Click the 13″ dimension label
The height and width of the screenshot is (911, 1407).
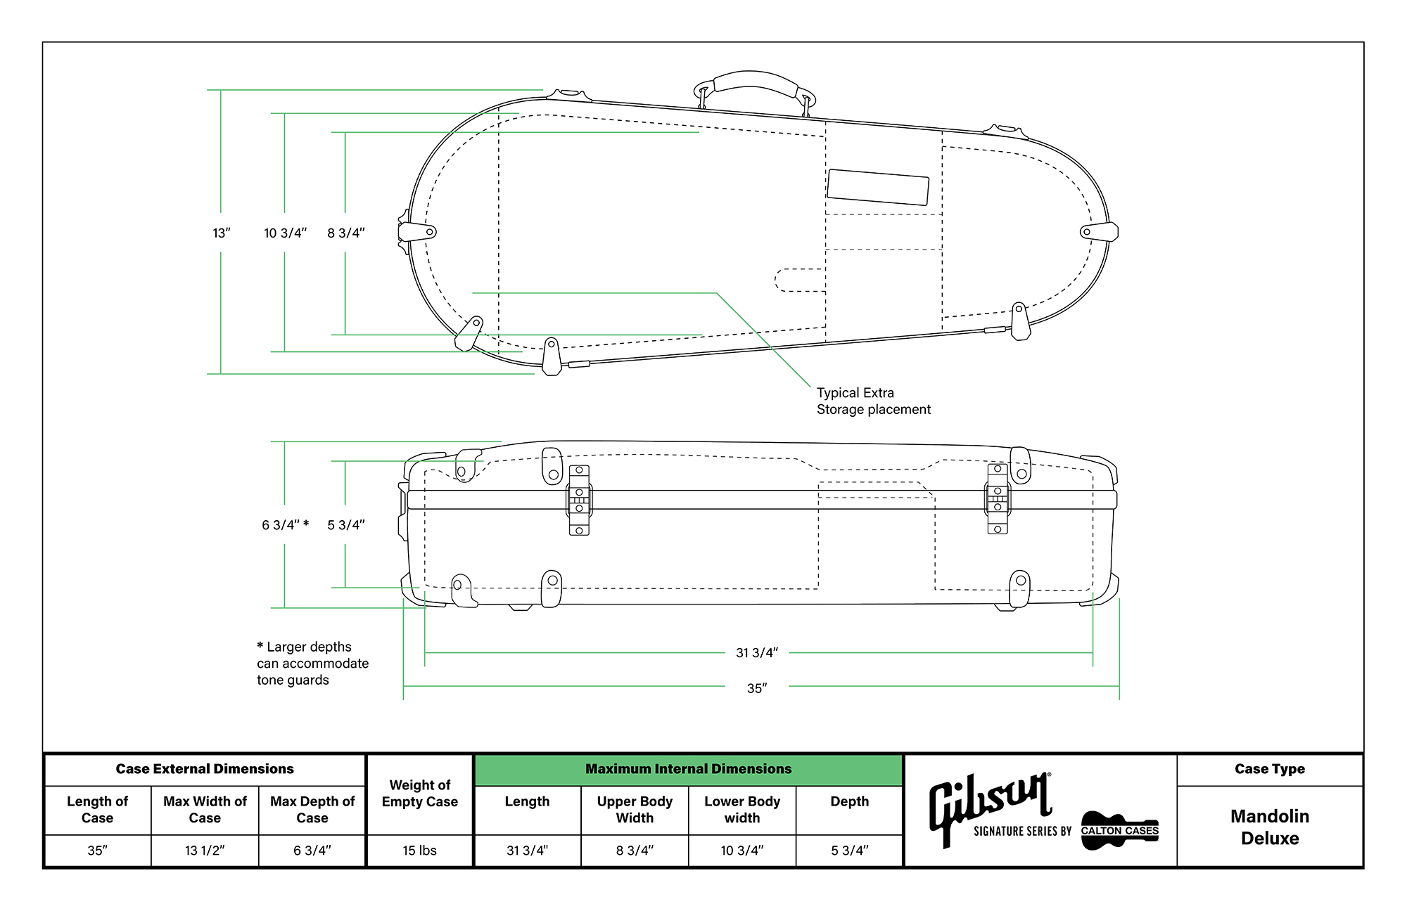click(x=222, y=233)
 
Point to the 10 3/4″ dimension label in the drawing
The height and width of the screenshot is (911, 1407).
click(x=285, y=233)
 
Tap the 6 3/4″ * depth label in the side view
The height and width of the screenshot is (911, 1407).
click(x=285, y=525)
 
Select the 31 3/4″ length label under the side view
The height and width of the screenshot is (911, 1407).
click(x=756, y=653)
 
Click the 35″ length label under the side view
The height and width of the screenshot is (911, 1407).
click(x=756, y=688)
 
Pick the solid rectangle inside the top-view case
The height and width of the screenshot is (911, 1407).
click(x=877, y=187)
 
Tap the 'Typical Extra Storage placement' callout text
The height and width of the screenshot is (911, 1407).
click(x=873, y=401)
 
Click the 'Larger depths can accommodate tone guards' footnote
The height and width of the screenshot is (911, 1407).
click(x=312, y=663)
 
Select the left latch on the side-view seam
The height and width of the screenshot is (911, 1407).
click(x=579, y=500)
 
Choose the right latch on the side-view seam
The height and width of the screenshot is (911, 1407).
click(x=998, y=499)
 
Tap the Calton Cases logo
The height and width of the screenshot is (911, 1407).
click(x=1119, y=830)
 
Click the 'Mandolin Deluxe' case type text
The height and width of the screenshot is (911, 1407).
click(x=1269, y=827)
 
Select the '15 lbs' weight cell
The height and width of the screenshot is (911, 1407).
click(x=419, y=851)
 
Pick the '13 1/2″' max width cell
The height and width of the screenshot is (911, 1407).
click(x=205, y=851)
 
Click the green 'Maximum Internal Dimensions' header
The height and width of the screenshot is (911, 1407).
click(x=688, y=769)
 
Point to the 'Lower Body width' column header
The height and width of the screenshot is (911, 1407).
click(x=741, y=809)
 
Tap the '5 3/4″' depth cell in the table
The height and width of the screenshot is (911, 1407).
click(x=849, y=851)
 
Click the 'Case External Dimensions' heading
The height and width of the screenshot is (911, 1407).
click(x=205, y=769)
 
